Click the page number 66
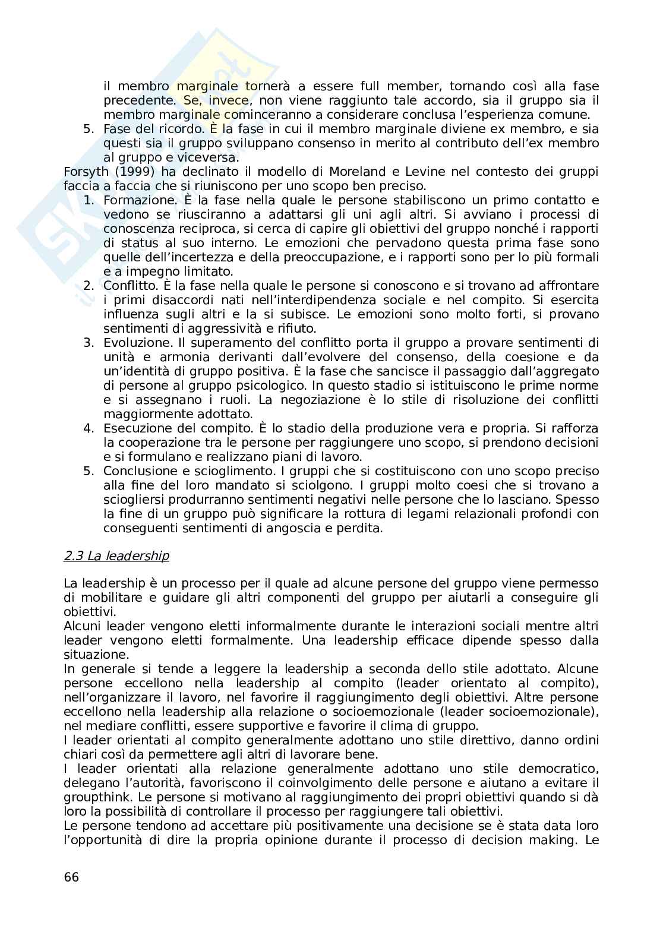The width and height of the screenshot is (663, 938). [x=71, y=877]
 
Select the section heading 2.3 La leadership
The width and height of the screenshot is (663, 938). [x=116, y=556]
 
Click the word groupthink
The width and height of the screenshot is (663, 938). [x=96, y=797]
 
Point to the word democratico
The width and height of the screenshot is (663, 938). [x=556, y=769]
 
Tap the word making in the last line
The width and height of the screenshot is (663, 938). [x=556, y=840]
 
